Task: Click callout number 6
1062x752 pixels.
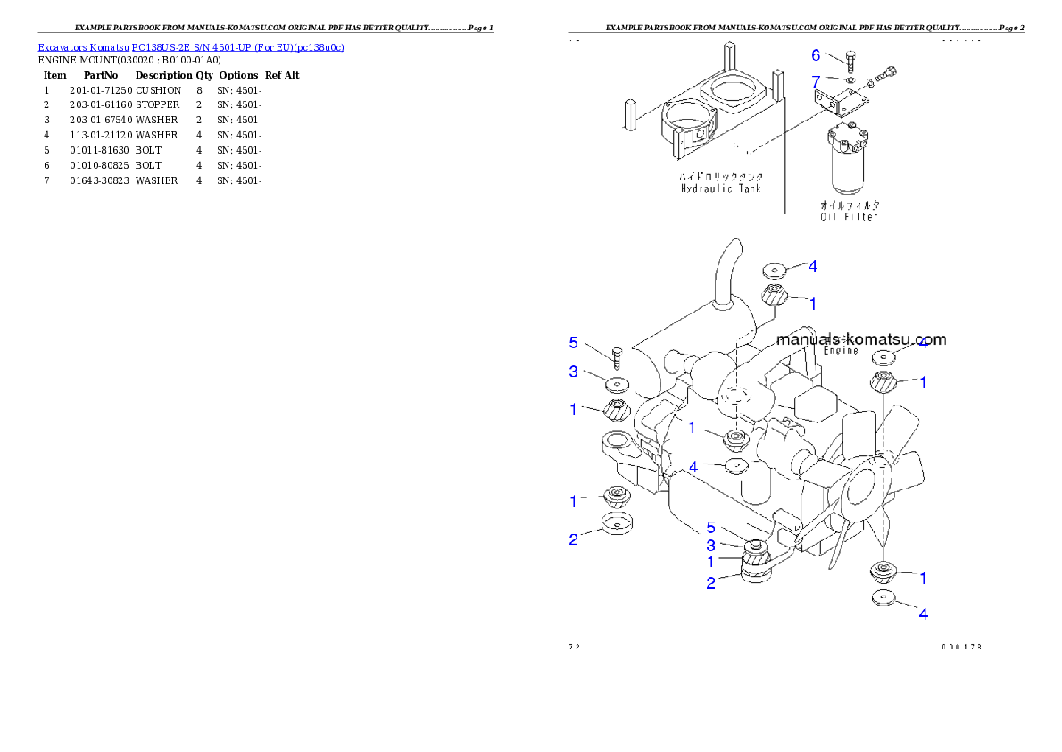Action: tap(816, 55)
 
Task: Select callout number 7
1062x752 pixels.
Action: tap(816, 81)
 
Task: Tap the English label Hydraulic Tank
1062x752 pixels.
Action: tap(718, 189)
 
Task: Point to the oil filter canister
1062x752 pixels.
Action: tap(848, 165)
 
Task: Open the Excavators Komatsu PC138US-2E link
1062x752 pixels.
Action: tap(191, 47)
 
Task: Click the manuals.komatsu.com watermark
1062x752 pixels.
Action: tap(861, 339)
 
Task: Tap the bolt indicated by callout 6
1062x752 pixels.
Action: tap(850, 61)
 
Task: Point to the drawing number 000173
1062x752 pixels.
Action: tap(960, 647)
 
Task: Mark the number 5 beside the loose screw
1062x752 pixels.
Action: tap(574, 343)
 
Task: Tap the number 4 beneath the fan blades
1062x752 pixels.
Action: tap(923, 614)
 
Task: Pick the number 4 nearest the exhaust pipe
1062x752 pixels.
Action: tap(812, 266)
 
